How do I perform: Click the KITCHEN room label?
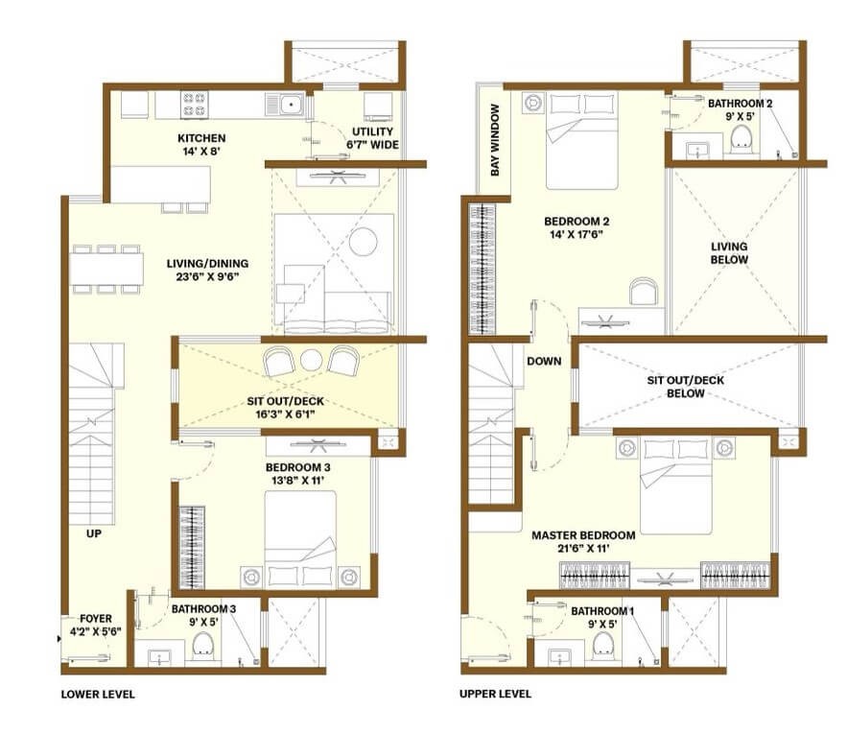point(201,138)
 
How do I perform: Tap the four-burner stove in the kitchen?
point(195,105)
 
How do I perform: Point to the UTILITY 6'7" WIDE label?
point(372,138)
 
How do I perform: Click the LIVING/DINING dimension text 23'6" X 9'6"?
point(207,277)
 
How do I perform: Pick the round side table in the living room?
point(363,241)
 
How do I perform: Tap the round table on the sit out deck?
point(311,361)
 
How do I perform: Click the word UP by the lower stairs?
point(93,533)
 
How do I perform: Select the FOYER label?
point(96,619)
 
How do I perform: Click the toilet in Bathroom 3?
point(203,647)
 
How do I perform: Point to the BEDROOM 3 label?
point(297,467)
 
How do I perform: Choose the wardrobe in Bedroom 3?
point(192,547)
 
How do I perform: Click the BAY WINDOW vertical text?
point(495,140)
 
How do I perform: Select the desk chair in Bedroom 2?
point(644,291)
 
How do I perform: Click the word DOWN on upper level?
point(544,362)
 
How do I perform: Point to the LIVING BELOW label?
point(729,253)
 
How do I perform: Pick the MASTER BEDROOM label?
point(583,535)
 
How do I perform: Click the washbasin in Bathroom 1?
point(559,657)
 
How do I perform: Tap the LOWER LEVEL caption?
point(98,695)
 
